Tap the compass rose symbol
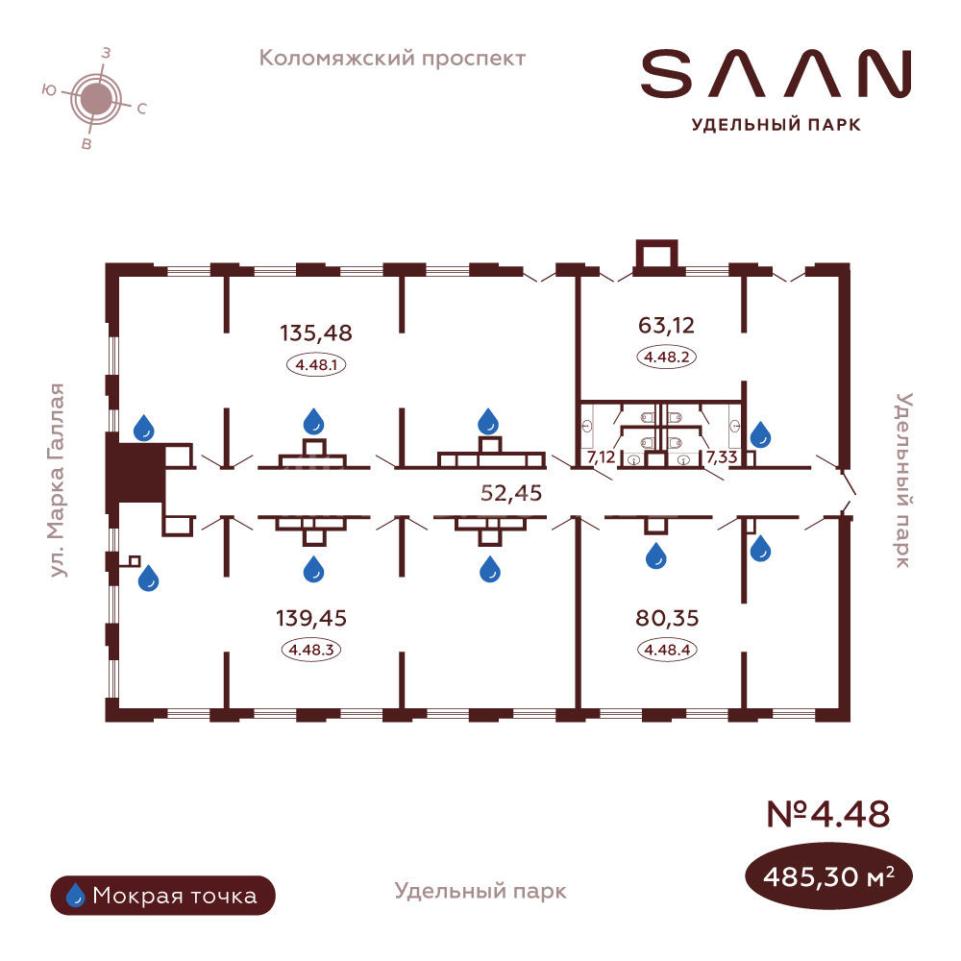point(94,97)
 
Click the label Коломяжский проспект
point(393,59)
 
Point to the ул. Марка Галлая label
point(61,480)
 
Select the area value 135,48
point(316,333)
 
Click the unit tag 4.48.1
point(316,364)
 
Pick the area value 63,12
point(666,324)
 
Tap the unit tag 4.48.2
point(666,357)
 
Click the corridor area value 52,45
point(511,493)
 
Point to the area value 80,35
point(666,618)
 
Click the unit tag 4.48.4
point(666,649)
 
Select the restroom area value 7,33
point(721,457)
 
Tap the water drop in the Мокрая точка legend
point(75,896)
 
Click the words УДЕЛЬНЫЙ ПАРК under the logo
point(776,123)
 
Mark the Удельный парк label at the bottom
point(480,891)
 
